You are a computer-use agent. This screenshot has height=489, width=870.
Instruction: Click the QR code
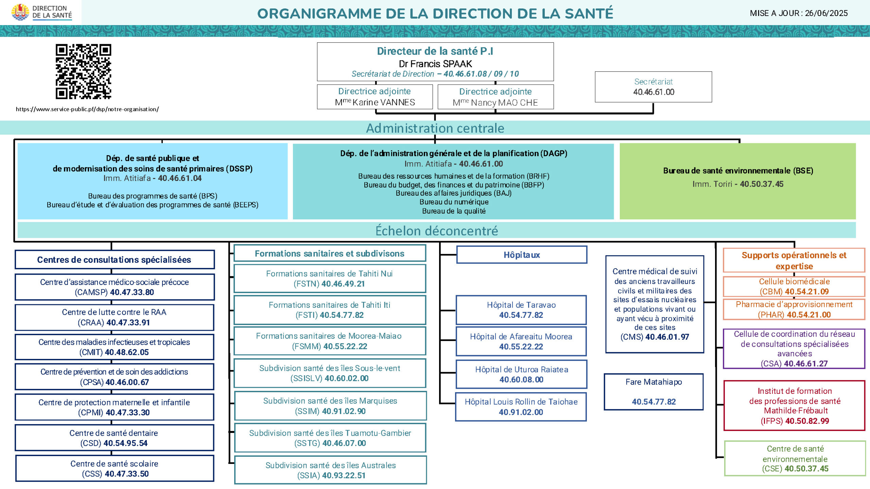coord(83,71)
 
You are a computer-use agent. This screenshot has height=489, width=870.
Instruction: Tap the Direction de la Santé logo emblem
coord(20,12)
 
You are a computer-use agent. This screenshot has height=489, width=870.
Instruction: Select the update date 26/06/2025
coord(826,13)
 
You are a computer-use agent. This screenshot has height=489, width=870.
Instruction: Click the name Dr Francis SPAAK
coord(435,64)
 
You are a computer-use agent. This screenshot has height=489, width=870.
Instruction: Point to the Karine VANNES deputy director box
coord(375,97)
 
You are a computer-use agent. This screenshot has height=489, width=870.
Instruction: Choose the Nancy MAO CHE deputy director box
coord(495,97)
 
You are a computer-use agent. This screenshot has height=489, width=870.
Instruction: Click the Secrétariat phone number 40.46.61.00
coord(654,92)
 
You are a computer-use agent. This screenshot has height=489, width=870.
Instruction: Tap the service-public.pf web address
coord(87,109)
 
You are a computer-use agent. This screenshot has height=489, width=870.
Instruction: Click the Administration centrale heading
coord(435,128)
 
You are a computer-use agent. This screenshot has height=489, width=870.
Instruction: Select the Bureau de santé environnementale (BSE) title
coord(738,170)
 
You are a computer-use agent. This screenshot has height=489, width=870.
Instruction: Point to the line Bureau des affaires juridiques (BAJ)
coord(454,193)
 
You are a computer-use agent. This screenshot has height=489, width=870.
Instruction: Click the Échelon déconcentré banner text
coord(437,231)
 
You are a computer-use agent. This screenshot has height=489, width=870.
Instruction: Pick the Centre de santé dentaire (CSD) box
coord(115,438)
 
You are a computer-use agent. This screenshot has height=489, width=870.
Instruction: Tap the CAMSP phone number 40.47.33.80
coord(132,292)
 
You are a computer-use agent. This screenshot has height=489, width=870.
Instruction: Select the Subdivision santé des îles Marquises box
coord(330,406)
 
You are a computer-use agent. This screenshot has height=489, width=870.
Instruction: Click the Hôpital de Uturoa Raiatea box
coord(521,374)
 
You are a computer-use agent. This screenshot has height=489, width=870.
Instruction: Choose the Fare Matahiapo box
coord(654,392)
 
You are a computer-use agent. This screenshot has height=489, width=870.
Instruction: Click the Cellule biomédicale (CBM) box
coord(794,287)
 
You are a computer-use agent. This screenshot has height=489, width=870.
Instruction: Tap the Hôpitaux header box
coord(522,255)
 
